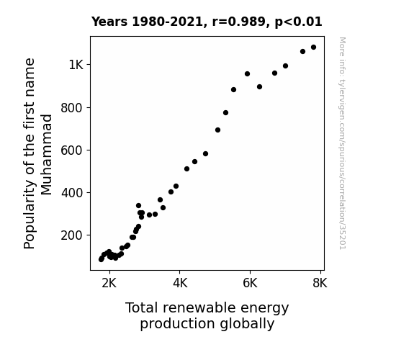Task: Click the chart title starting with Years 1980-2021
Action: point(207,22)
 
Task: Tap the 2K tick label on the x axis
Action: point(109,283)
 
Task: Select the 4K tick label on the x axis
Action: point(180,283)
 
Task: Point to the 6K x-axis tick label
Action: point(250,283)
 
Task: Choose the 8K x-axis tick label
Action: point(320,283)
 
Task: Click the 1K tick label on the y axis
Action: point(76,65)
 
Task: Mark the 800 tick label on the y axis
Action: point(72,108)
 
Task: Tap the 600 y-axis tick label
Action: point(72,150)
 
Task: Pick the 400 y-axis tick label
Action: point(72,193)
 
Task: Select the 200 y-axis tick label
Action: point(72,235)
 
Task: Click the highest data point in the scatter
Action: point(313,48)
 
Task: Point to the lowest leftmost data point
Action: point(101,259)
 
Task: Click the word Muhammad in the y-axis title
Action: point(47,155)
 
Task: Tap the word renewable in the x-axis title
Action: point(199,308)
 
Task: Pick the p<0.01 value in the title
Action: point(298,22)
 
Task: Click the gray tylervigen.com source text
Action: point(342,143)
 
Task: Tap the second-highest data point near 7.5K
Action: point(302,52)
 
